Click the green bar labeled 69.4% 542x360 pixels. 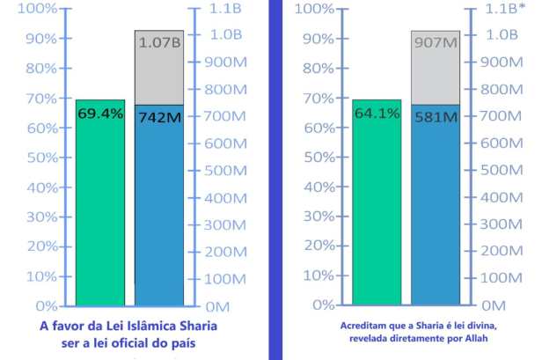99,202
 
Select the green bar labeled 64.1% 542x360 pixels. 377,202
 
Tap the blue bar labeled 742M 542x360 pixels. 159,211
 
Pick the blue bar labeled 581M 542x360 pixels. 436,211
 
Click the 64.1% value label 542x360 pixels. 377,114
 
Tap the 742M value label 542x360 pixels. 159,116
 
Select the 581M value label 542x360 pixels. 436,116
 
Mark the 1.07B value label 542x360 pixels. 159,41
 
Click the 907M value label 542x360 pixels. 436,41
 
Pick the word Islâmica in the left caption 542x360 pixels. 144,327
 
